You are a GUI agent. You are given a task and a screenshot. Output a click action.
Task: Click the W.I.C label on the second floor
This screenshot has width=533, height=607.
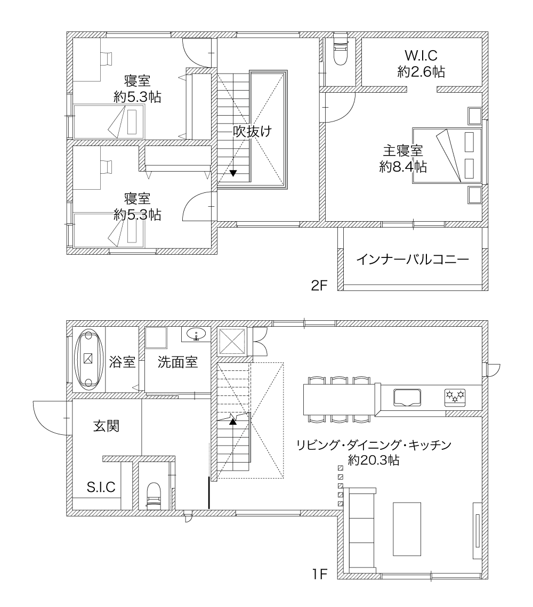tap(421, 55)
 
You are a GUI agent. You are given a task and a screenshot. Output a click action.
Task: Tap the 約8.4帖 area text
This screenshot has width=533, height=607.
tap(403, 167)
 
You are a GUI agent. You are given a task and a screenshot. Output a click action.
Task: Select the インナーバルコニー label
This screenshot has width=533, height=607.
tap(413, 259)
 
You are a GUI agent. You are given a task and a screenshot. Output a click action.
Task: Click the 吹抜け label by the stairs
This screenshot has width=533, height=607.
tap(252, 131)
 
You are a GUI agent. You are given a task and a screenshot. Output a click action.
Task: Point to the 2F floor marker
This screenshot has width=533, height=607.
tap(319, 285)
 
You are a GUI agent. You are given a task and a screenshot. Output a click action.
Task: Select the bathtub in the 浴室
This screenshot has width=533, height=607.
tap(89, 359)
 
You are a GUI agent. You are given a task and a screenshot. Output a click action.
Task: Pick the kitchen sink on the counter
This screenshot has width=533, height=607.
tap(408, 398)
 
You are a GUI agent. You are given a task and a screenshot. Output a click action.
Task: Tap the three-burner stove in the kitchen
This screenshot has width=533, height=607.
tap(456, 397)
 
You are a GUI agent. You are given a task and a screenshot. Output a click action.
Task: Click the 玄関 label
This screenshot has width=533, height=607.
tap(107, 426)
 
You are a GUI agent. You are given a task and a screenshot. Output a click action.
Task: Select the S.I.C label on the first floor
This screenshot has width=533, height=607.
tap(101, 487)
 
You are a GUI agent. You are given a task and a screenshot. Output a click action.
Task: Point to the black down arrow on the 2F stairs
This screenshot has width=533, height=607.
tap(233, 173)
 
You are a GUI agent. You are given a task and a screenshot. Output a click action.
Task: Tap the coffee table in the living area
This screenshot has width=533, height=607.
tap(407, 529)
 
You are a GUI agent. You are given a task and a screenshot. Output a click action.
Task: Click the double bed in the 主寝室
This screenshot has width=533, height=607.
tap(447, 155)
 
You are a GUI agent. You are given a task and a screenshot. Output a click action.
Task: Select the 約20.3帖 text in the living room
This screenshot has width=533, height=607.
tap(374, 460)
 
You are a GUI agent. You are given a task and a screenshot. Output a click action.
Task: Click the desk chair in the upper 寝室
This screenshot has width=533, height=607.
tap(106, 58)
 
